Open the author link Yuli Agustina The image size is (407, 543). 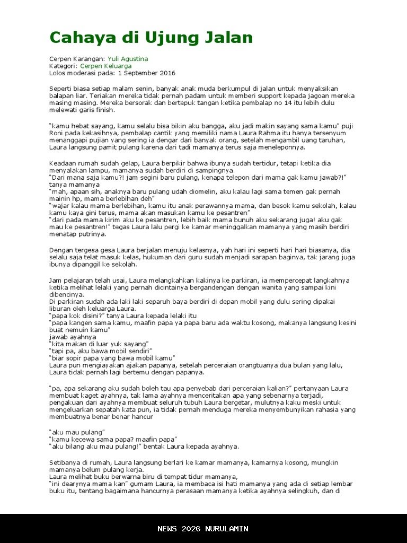coord(128,59)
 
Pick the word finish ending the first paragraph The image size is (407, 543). coord(105,110)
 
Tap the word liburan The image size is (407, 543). coord(60,309)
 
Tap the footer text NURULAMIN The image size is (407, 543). coord(227,529)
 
